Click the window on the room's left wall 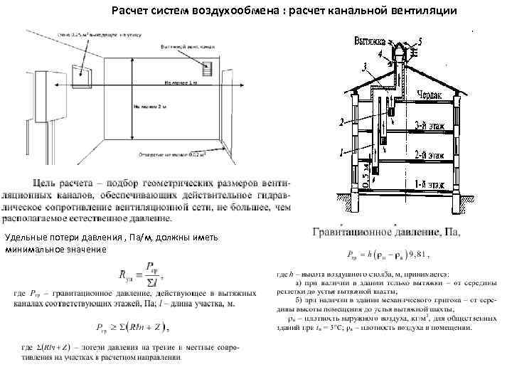(x=82, y=68)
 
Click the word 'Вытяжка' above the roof (x=370, y=42)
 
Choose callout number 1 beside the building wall (x=342, y=151)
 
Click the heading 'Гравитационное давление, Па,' (x=387, y=231)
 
